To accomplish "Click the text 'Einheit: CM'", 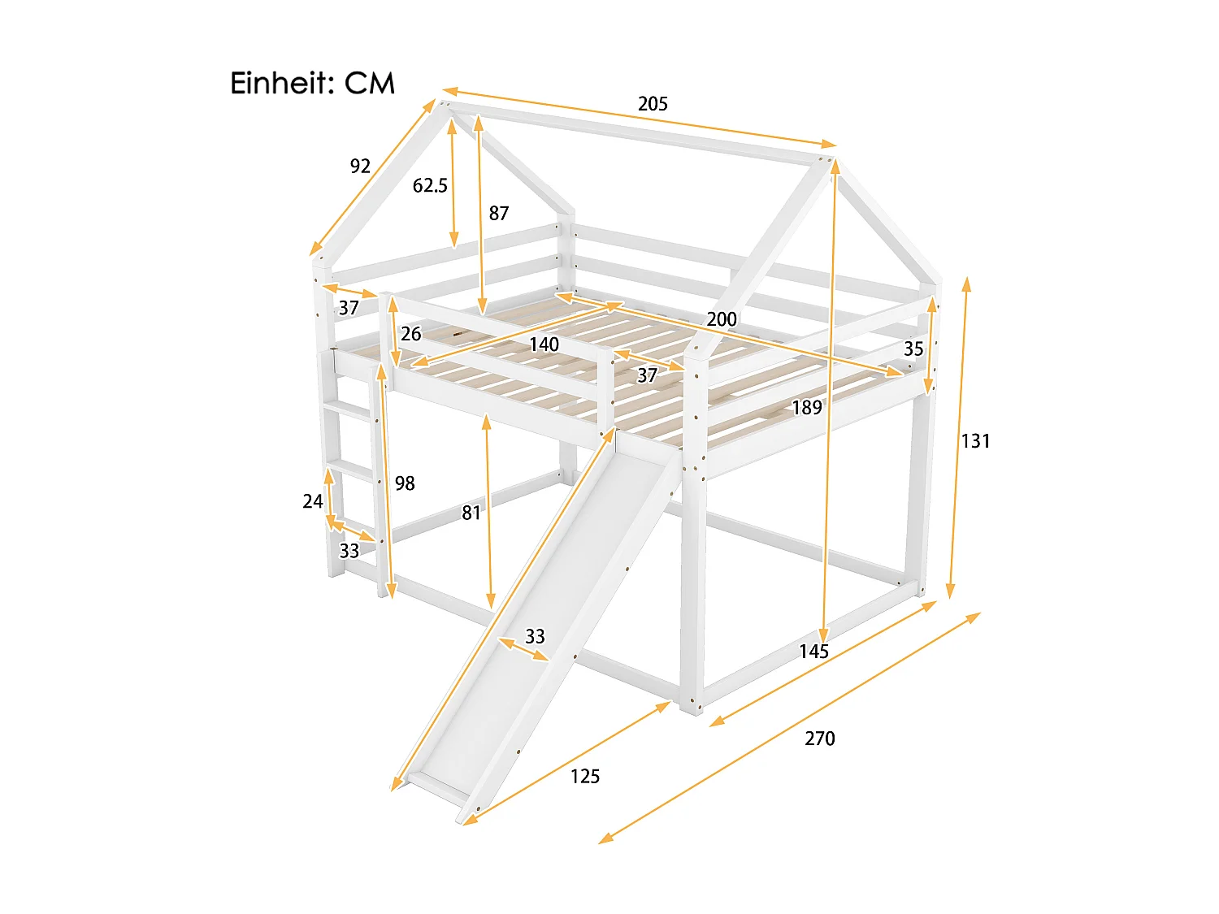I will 312,83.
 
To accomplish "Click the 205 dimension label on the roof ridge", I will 653,103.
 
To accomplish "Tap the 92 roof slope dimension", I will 360,166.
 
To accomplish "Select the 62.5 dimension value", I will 430,185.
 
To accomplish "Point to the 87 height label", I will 499,213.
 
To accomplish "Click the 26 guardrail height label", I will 411,333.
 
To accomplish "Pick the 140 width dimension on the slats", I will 544,344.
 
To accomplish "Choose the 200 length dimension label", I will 722,318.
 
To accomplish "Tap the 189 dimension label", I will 807,407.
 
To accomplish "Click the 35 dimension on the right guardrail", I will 913,349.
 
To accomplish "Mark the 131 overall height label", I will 975,440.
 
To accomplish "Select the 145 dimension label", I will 813,651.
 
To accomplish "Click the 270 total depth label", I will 820,738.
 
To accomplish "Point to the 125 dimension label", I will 585,776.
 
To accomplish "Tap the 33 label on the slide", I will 535,636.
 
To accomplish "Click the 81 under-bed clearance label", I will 471,513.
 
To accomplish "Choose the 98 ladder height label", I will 405,483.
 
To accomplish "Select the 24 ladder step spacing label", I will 313,501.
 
